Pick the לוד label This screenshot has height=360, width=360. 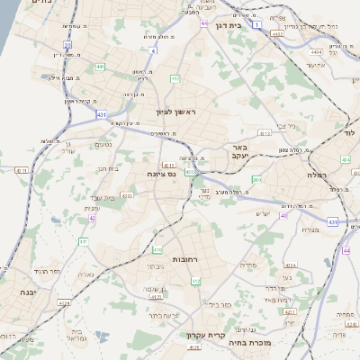point(348,132)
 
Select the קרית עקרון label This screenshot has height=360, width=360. point(205,336)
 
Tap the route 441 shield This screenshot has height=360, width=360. point(100,67)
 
